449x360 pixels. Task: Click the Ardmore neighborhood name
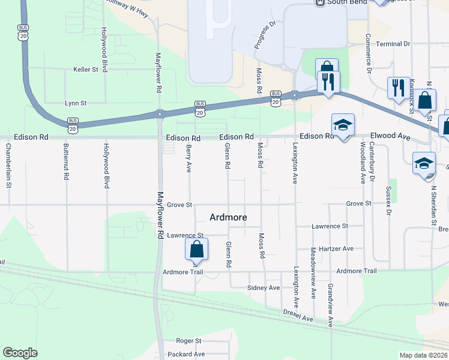228,217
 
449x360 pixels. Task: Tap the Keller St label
86,70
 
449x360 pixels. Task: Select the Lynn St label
76,103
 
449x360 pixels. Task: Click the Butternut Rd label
67,163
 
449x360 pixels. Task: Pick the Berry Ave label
188,158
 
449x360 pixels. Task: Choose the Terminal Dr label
393,44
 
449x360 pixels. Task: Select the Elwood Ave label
391,137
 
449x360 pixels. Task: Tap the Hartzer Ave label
332,248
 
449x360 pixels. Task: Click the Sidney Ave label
264,288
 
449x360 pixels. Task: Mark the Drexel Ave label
298,315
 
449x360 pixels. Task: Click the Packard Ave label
187,354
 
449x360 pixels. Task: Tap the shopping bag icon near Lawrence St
197,249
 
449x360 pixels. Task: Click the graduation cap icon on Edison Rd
343,125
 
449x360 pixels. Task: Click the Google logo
20,353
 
